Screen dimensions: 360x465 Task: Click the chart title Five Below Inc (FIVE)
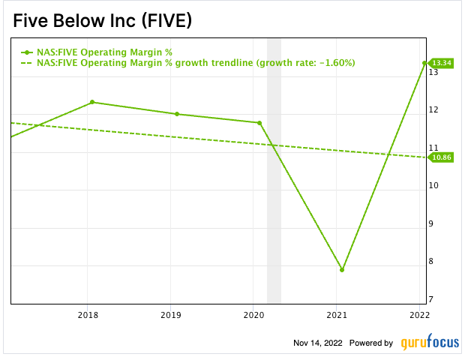click(x=103, y=20)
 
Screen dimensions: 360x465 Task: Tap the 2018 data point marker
click(x=91, y=102)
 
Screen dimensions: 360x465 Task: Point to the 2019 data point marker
click(x=177, y=114)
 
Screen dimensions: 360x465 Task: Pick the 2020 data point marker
click(x=259, y=123)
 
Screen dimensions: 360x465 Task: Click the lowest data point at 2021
click(x=342, y=269)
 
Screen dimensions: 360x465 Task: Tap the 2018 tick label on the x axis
click(x=88, y=315)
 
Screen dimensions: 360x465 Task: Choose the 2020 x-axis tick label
click(x=255, y=315)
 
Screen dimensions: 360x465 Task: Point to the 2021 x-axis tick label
click(x=337, y=315)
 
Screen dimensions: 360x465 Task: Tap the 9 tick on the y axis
click(x=433, y=223)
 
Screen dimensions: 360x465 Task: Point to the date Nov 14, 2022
click(x=318, y=343)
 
